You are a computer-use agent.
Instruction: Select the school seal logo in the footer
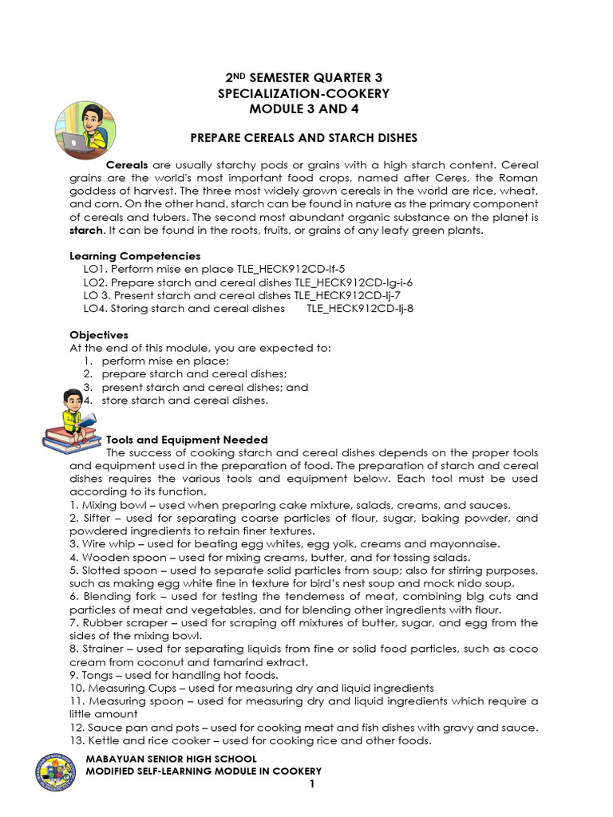57,771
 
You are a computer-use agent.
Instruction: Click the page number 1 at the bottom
313,784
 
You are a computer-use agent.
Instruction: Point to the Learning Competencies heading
135,256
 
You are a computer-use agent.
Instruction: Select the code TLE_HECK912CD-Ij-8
360,308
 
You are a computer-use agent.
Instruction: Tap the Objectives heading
99,335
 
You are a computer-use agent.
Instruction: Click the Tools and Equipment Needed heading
187,440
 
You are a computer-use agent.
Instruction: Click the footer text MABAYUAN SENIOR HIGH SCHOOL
171,759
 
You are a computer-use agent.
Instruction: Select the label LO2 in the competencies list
95,282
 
